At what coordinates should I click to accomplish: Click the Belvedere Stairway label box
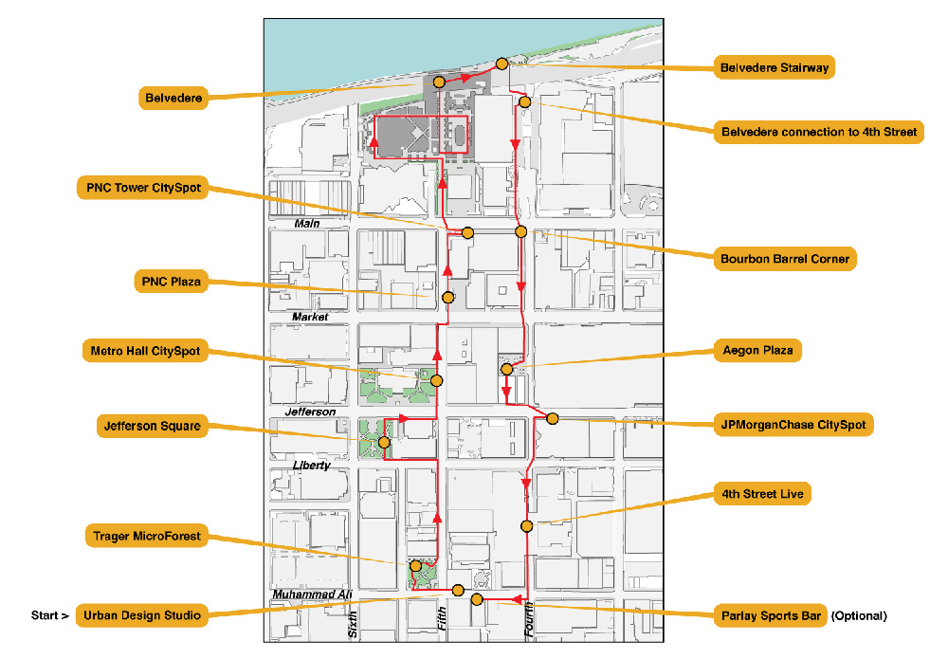[775, 67]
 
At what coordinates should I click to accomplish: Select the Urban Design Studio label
[141, 615]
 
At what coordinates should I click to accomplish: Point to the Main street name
[306, 224]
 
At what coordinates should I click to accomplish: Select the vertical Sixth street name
[353, 623]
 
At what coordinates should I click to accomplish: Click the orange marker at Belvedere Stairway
[502, 64]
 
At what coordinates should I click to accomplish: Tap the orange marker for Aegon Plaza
[506, 369]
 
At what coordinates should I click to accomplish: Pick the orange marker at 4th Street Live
[526, 525]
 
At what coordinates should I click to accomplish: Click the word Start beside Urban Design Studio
[49, 615]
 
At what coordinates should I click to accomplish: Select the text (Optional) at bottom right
[859, 615]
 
